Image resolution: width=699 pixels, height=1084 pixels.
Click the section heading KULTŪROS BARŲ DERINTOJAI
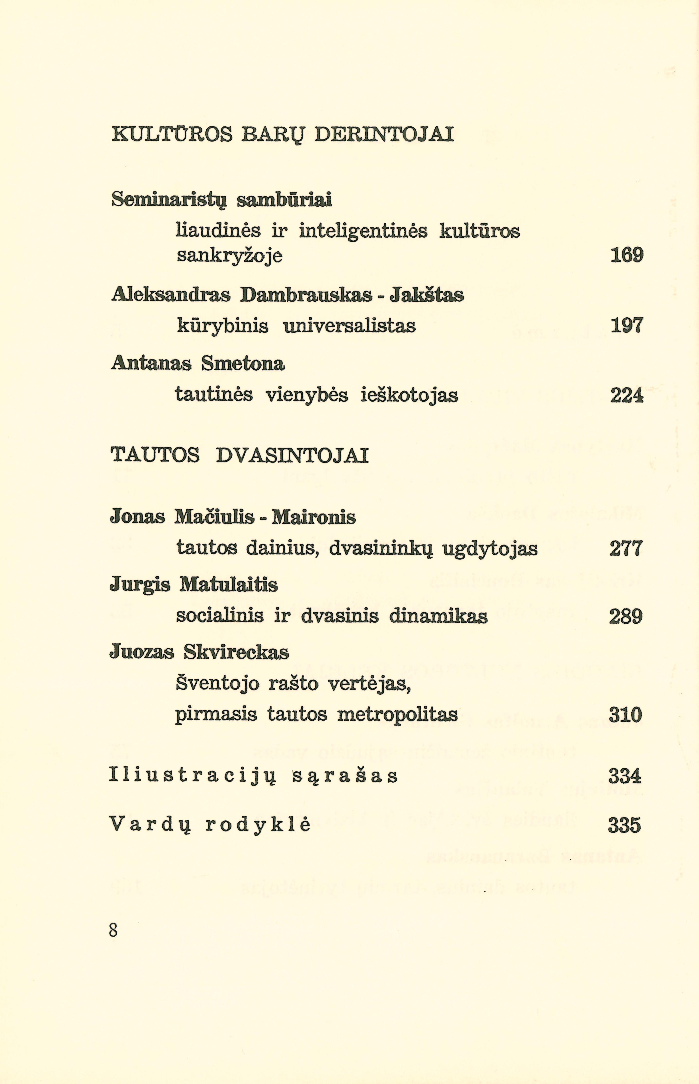[x=282, y=135]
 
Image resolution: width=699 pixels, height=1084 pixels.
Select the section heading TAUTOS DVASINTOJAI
[x=240, y=455]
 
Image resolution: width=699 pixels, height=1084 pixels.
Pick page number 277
[x=626, y=548]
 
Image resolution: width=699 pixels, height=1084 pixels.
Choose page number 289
[x=626, y=617]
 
